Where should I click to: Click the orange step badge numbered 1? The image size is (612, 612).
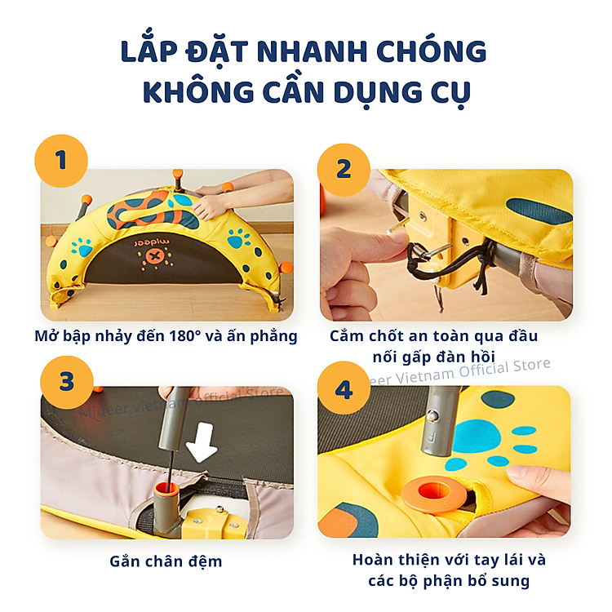[60, 160]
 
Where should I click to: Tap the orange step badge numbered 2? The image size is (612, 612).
[344, 168]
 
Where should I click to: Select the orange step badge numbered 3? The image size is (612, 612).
[67, 383]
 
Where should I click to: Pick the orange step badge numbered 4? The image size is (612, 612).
[344, 389]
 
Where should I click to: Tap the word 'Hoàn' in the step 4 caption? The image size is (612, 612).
[374, 560]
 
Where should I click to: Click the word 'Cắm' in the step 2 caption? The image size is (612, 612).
[348, 335]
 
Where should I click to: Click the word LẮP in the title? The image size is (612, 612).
[149, 51]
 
